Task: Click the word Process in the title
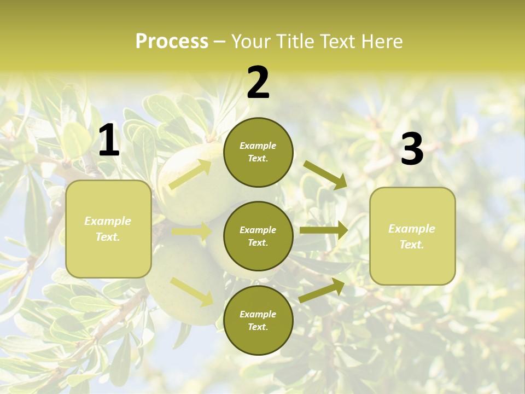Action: (172, 42)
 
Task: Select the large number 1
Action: (109, 141)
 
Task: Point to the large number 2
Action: (258, 83)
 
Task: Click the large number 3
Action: (412, 149)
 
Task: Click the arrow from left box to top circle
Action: (190, 174)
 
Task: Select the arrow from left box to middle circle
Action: (191, 232)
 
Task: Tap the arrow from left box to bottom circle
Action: (191, 291)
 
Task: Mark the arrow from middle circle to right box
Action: (323, 230)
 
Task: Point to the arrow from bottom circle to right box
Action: (322, 291)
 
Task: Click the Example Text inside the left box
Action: (108, 229)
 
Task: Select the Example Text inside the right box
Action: (412, 236)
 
